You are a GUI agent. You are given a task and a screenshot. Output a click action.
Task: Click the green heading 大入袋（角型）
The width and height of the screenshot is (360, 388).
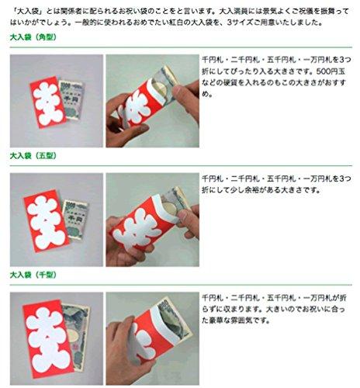[x=33, y=37]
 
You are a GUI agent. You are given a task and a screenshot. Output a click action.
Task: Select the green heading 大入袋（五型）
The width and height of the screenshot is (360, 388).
[x=33, y=156]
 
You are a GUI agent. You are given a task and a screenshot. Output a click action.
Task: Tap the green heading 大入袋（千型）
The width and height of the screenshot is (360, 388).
[x=33, y=275]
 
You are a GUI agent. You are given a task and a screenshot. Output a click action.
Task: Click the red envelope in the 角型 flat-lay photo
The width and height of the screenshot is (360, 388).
[x=48, y=102]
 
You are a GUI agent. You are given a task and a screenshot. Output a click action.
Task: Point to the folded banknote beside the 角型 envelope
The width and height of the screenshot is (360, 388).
[x=72, y=99]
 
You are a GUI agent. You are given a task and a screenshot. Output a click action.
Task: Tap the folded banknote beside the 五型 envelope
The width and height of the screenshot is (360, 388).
[x=76, y=219]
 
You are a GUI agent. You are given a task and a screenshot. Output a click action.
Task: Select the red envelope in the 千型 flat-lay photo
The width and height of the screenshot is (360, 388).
[x=48, y=338]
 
